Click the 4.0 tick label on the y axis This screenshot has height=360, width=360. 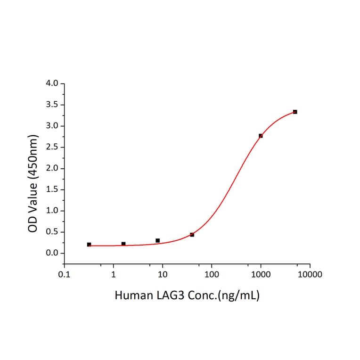(52, 84)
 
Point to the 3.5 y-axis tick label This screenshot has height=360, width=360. (52, 105)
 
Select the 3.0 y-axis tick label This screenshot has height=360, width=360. (52, 126)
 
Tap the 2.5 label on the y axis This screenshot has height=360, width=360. (52, 147)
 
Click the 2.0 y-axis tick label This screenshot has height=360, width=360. (52, 169)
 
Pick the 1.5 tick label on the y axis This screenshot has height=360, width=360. (52, 190)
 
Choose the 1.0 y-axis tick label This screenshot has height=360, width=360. (52, 211)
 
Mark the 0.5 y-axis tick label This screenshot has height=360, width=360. (52, 232)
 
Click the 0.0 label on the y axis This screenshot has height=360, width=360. (52, 254)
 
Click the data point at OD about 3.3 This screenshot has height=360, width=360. (295, 112)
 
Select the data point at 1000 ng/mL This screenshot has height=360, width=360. (261, 136)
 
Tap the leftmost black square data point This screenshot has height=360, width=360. (89, 245)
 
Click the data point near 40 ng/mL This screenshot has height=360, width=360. (192, 235)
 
